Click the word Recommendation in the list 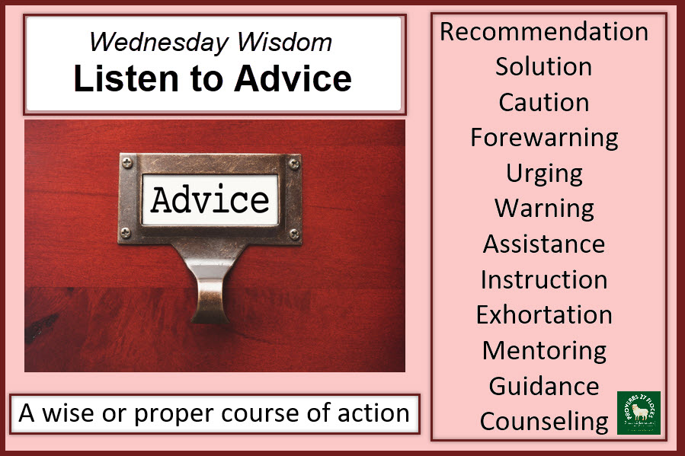pos(544,32)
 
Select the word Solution pos(543,67)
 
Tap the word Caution pos(543,102)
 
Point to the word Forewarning pos(544,138)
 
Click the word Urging pos(544,173)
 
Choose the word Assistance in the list pos(544,244)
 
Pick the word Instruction pos(544,279)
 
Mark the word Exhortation pos(544,314)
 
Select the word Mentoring pos(544,350)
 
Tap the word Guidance pos(544,386)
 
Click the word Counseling pos(544,421)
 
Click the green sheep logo pos(639,413)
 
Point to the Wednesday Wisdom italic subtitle pos(210,42)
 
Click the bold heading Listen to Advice pos(213,79)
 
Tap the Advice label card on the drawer pos(210,199)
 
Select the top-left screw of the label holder pos(126,162)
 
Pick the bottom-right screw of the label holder pos(293,233)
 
